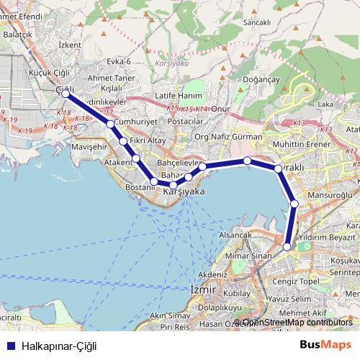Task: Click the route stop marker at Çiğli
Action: click(66, 94)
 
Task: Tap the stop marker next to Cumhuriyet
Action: click(110, 125)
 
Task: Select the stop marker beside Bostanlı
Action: click(154, 181)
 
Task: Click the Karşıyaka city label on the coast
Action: click(184, 192)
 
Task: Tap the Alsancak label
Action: click(235, 235)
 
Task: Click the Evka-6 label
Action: click(118, 61)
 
